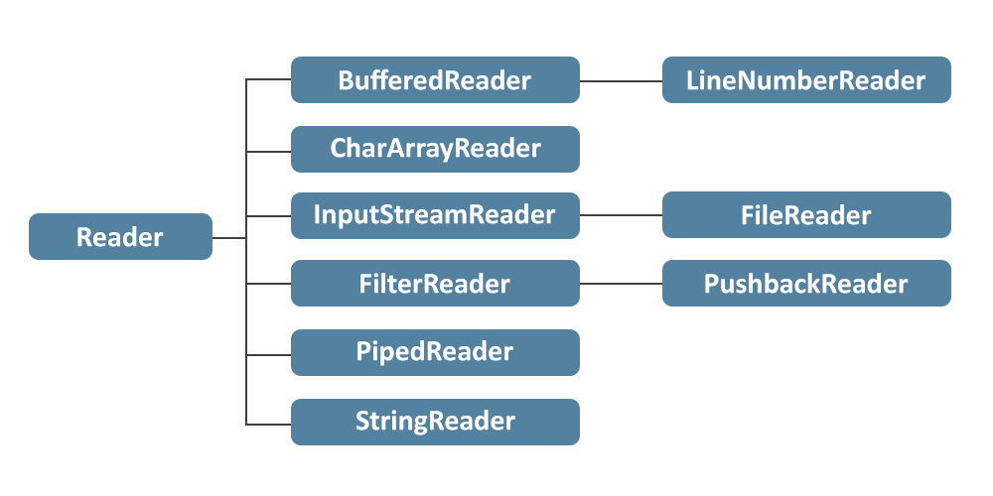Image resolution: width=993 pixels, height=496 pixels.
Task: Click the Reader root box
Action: tap(120, 237)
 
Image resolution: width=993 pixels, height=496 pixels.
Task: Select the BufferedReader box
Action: tap(435, 80)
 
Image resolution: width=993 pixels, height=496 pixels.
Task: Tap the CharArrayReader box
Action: tap(435, 149)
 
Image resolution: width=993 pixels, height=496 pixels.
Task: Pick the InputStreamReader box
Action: tap(435, 215)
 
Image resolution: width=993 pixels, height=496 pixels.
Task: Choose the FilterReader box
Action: tap(435, 284)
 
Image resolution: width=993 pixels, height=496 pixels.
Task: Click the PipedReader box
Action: tap(435, 352)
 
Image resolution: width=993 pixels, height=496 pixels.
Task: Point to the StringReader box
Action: tap(435, 422)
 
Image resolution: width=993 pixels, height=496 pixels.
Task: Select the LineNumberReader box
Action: tap(806, 80)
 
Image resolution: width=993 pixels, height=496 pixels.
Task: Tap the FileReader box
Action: tap(806, 215)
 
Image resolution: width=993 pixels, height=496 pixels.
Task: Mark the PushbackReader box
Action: tap(806, 284)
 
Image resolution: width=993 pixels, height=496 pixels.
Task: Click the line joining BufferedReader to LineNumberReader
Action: tap(621, 80)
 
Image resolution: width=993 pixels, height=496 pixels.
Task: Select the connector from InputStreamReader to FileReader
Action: tap(621, 215)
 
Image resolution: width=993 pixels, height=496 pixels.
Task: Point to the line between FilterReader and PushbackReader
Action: tap(621, 284)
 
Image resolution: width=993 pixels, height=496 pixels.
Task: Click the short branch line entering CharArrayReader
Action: tap(268, 152)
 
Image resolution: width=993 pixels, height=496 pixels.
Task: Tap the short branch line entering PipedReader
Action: tap(268, 354)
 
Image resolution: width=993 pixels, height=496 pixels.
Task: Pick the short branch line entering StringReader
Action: tap(268, 425)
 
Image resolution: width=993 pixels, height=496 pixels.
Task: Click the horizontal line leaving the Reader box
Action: tap(228, 238)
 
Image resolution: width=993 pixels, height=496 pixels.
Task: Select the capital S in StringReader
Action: tap(362, 422)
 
